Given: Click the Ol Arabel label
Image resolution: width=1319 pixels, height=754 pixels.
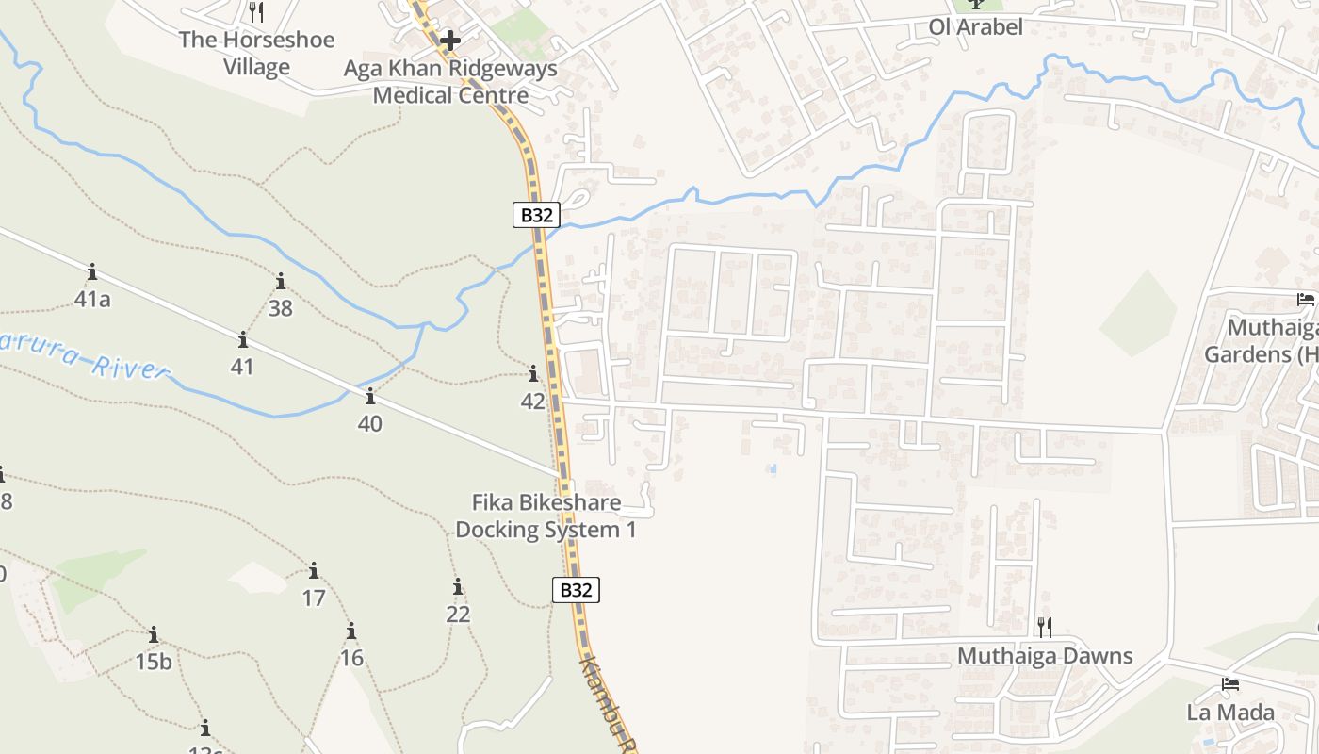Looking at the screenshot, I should (x=975, y=27).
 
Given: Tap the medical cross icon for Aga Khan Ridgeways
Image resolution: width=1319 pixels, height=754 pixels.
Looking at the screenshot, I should (x=450, y=41).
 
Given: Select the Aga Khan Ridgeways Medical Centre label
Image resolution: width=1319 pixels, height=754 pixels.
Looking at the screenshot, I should (x=450, y=82).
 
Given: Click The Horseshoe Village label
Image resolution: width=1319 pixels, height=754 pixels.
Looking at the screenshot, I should (x=256, y=54).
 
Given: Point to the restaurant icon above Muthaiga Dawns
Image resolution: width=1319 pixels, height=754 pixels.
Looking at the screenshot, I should (x=1044, y=627).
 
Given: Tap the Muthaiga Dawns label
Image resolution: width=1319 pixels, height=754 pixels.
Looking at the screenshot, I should (x=1045, y=656).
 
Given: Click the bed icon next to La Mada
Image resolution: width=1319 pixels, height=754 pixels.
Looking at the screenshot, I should (x=1229, y=684).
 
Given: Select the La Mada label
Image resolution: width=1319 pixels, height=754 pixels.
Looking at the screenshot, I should (x=1230, y=713).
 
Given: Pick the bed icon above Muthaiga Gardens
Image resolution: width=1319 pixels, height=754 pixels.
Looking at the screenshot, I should (x=1306, y=300).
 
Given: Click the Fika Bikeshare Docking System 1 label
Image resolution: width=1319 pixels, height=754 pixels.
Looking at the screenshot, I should (x=546, y=516).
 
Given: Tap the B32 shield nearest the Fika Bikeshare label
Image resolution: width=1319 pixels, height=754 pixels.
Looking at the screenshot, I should (x=576, y=591).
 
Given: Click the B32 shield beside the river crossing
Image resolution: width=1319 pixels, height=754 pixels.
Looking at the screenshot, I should (x=536, y=215).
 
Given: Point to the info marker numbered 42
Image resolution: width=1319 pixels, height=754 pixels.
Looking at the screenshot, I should (x=533, y=373).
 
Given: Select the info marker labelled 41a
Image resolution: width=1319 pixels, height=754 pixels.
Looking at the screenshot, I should (x=92, y=272).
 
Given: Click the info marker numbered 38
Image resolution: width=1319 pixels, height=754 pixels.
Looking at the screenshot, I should (x=280, y=281).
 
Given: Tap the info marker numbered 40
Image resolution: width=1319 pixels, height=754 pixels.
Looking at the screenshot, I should (x=369, y=396).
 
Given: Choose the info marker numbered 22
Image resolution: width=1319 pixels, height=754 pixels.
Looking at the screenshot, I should (x=458, y=587).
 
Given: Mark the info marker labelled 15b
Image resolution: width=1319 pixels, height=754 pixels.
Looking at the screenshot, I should (x=154, y=634).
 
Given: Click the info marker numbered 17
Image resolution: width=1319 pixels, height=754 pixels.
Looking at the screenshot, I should (x=314, y=570).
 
